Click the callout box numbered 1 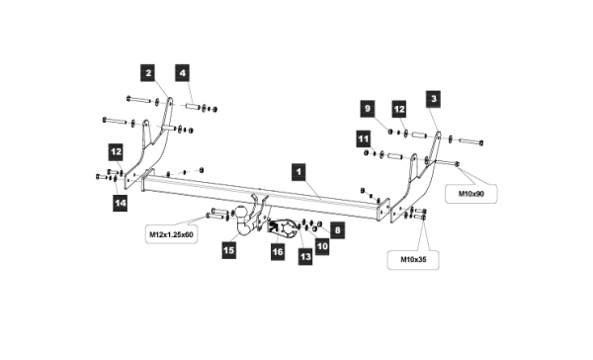point(298,172)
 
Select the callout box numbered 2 point(148,72)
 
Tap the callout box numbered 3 point(434,99)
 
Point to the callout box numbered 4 point(182,72)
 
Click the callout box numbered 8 point(337,230)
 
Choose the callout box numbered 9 point(368,109)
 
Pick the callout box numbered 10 point(322,246)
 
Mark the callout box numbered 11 point(364,138)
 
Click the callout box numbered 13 point(305,257)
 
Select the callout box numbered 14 point(121,203)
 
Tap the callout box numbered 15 point(229,250)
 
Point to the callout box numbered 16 point(278,252)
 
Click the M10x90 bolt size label point(471,194)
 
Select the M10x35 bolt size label point(413,260)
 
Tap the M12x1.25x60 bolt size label point(171,234)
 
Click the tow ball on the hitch point(240,213)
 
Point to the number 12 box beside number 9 point(399,109)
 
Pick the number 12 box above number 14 point(116,151)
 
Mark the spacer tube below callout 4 point(193,107)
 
